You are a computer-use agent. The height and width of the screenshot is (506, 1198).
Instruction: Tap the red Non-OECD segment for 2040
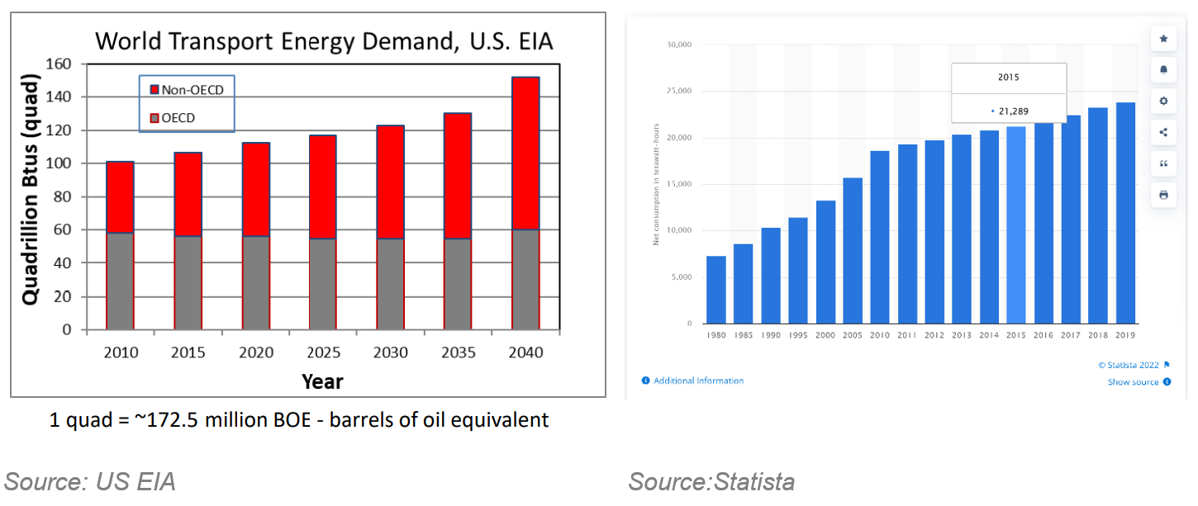(x=525, y=154)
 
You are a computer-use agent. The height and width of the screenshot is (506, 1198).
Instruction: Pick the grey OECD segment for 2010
(x=121, y=281)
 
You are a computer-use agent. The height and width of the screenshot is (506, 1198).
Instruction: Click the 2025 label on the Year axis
(x=323, y=353)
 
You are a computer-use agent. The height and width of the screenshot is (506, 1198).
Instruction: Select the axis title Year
(x=322, y=381)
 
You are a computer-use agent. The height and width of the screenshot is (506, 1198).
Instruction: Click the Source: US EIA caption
(x=90, y=481)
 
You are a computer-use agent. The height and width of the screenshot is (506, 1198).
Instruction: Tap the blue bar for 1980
(x=715, y=290)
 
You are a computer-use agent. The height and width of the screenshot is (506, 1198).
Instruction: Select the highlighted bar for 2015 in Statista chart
(x=1015, y=225)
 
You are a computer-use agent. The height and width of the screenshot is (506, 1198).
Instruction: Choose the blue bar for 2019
(x=1125, y=213)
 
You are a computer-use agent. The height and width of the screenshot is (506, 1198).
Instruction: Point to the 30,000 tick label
(x=679, y=45)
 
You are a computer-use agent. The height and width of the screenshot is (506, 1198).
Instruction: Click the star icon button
(x=1163, y=39)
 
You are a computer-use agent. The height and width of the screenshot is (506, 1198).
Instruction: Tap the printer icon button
(x=1163, y=195)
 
